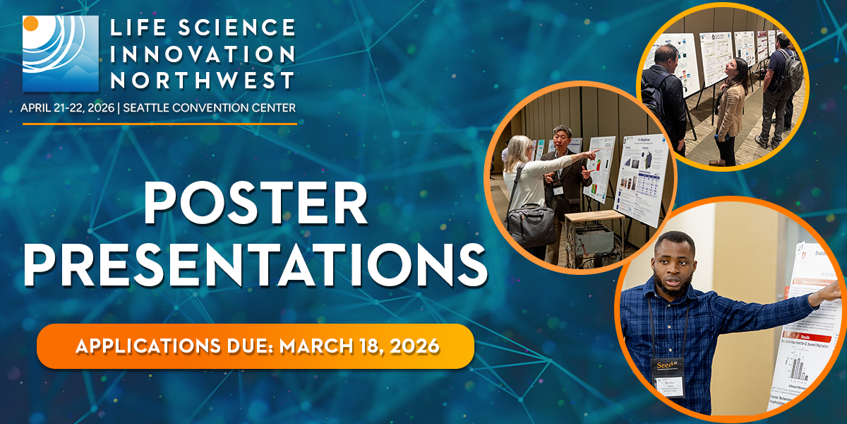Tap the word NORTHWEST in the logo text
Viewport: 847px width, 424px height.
[203, 80]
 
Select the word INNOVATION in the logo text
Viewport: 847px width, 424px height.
[203, 54]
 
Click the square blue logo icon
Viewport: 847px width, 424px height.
[60, 54]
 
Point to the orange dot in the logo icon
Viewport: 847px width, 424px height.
[31, 23]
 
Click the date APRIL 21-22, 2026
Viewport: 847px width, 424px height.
[68, 107]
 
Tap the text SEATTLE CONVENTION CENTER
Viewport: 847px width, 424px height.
[209, 107]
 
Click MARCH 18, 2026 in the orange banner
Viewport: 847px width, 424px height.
[360, 346]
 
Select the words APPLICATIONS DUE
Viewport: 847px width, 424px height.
[174, 346]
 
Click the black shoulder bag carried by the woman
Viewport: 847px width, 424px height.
[531, 223]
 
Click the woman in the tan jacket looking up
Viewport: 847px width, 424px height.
[730, 106]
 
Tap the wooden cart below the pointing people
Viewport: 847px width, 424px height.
[586, 233]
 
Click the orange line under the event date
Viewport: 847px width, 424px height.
[160, 124]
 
